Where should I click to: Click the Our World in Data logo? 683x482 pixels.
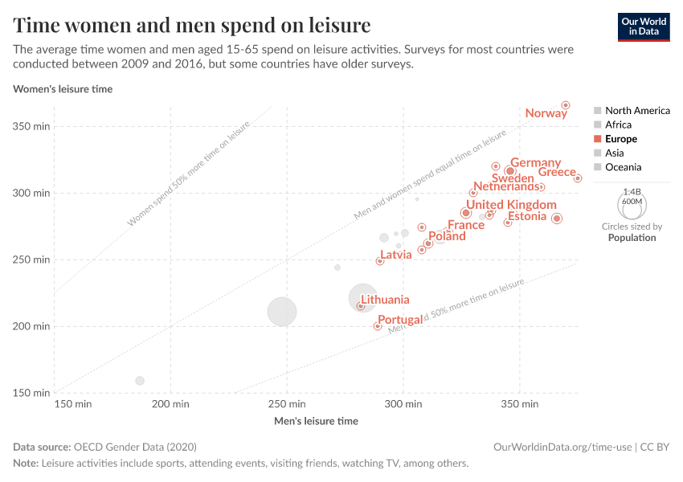[x=644, y=26]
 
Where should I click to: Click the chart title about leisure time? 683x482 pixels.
[x=192, y=25]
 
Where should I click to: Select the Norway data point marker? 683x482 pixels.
[x=566, y=105]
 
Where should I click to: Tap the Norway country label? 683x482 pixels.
[x=546, y=113]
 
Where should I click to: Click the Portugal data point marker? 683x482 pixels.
[x=378, y=326]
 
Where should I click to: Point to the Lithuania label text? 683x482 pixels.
[x=385, y=300]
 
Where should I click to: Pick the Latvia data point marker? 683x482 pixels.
[x=380, y=261]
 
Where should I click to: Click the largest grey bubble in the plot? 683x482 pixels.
[x=282, y=312]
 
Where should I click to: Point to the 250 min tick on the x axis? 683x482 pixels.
[x=286, y=403]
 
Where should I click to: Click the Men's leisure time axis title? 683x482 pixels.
[x=316, y=421]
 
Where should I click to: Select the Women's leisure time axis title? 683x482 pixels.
[x=63, y=89]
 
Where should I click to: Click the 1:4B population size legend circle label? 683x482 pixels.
[x=632, y=192]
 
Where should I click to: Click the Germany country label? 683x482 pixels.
[x=535, y=163]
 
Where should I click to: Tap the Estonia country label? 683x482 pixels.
[x=527, y=216]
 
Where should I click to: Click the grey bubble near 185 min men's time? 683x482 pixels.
[x=140, y=381]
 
